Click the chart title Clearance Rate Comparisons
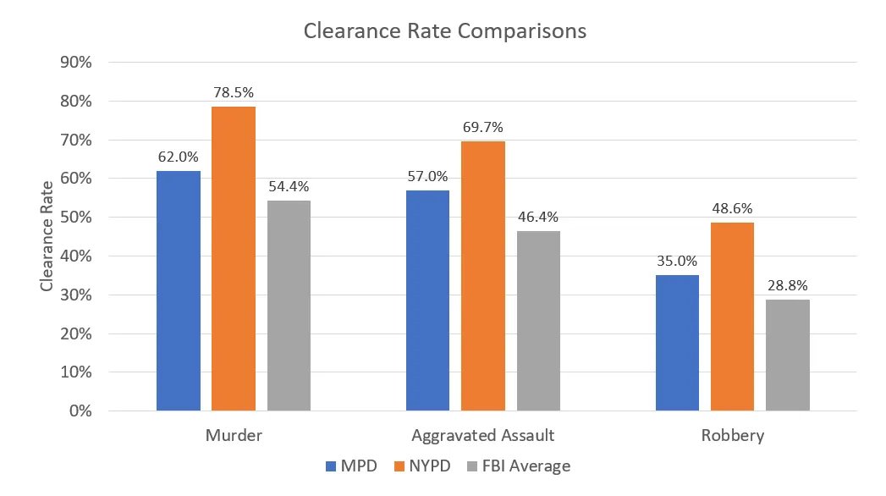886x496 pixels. click(x=444, y=31)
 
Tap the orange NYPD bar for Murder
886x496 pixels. click(x=234, y=258)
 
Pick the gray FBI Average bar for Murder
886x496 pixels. click(x=289, y=305)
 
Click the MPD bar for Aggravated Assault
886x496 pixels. click(x=427, y=300)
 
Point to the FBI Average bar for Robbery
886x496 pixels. click(x=788, y=355)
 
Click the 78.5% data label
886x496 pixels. click(x=234, y=91)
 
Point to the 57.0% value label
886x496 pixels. click(x=427, y=175)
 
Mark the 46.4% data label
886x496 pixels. click(x=538, y=216)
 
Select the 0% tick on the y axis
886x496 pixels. click(x=80, y=411)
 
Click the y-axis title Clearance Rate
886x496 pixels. click(x=47, y=236)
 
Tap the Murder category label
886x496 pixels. click(x=234, y=436)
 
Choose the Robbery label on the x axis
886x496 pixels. click(x=732, y=436)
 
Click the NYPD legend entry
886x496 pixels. click(x=423, y=466)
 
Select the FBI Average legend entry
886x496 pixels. click(x=524, y=466)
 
